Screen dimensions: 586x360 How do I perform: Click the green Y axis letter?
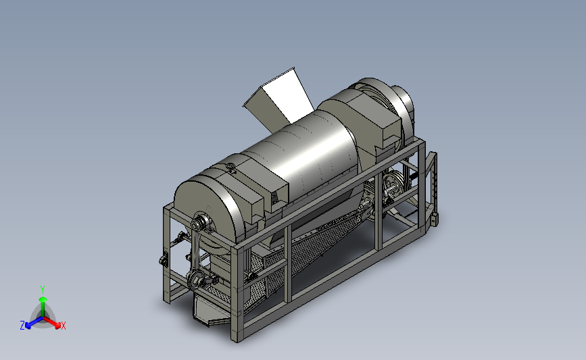point(42,290)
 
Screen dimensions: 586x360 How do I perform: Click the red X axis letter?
point(64,326)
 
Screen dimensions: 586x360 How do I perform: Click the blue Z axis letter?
point(22,326)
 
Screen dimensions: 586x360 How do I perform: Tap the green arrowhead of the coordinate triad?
point(43,299)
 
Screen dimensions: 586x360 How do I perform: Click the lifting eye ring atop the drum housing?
point(230,166)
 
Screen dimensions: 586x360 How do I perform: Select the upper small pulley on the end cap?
point(198,224)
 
